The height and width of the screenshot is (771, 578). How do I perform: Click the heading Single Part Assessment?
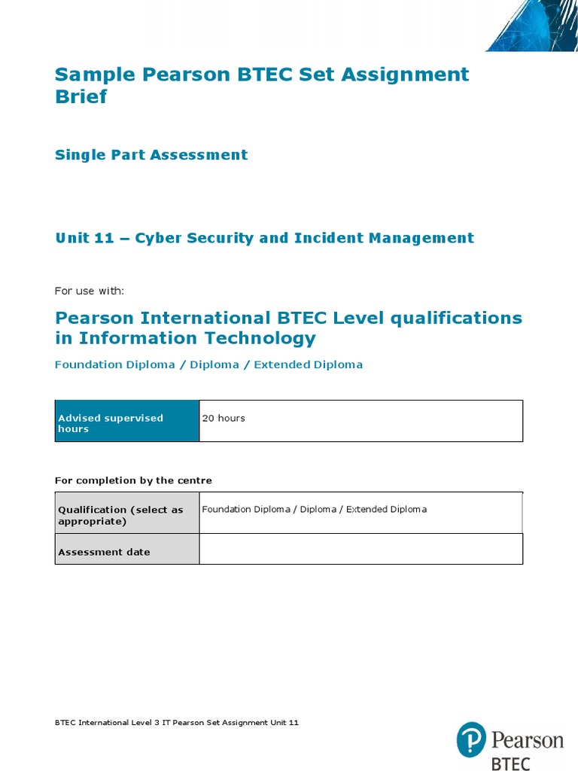151,155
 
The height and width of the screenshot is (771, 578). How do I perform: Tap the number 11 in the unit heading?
104,238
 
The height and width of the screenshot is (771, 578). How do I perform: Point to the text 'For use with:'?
90,291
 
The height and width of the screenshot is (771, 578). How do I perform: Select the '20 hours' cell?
360,421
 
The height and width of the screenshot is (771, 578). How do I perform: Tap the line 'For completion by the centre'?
133,480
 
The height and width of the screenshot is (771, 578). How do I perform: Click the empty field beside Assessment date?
360,549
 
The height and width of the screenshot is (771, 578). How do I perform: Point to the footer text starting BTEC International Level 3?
177,723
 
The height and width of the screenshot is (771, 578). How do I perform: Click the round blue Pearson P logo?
471,740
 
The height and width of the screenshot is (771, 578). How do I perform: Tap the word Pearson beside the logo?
527,740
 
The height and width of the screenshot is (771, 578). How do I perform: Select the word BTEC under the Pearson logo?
510,763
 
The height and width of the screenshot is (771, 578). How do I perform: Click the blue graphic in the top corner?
534,26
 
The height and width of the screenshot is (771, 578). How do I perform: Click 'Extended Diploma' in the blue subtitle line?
308,364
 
